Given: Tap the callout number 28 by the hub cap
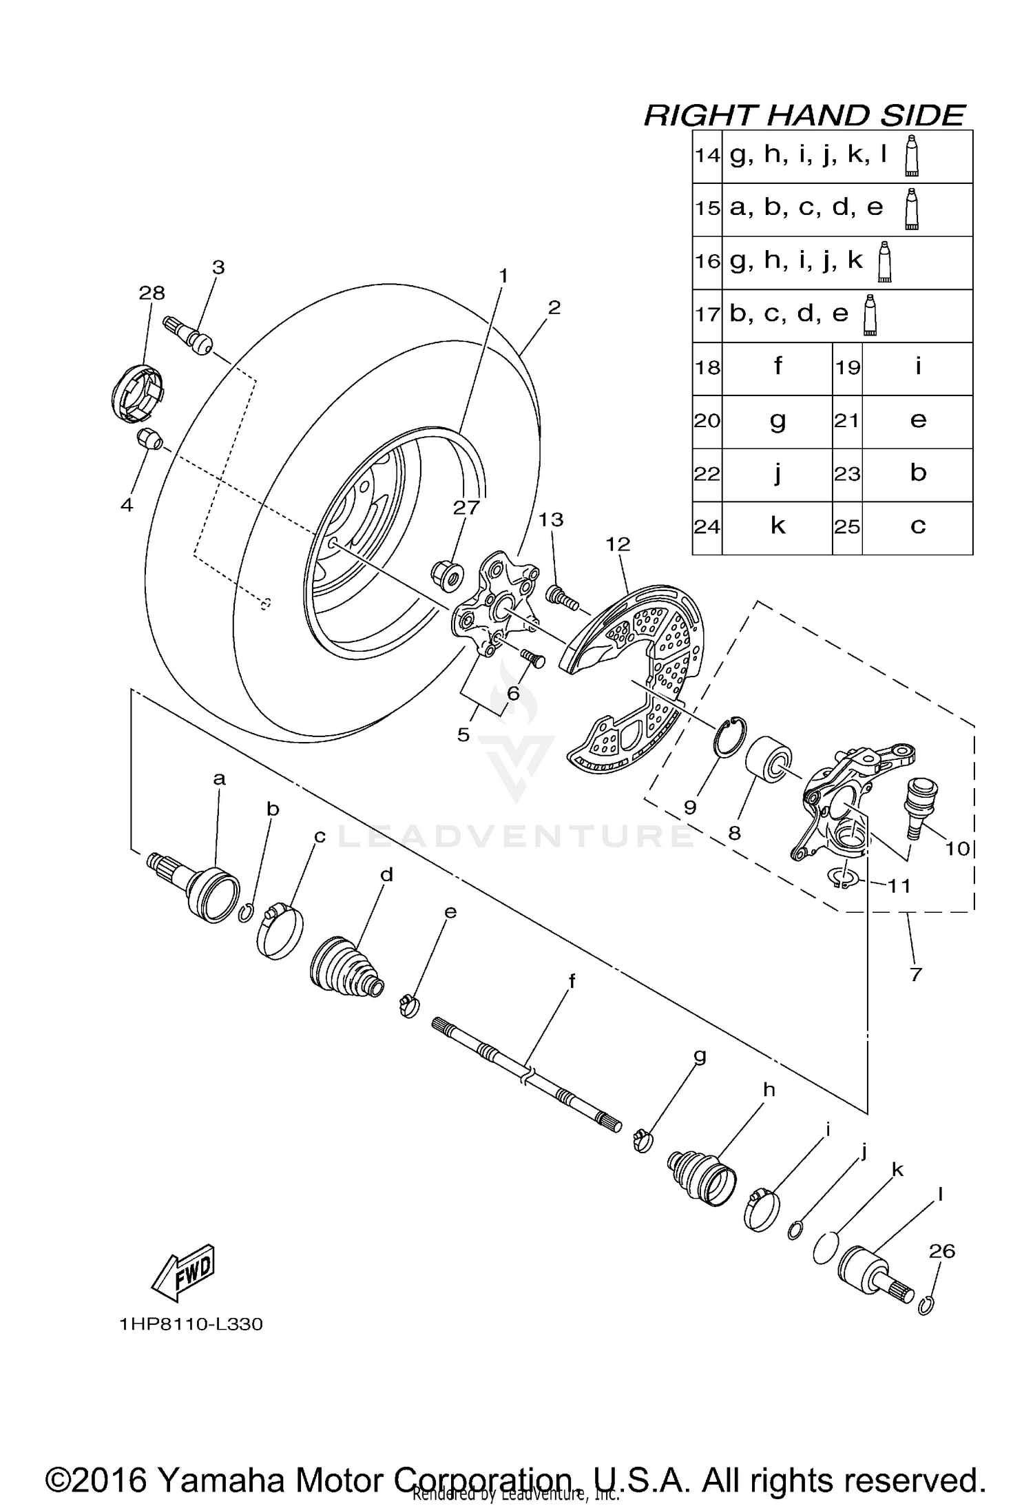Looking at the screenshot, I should point(152,293).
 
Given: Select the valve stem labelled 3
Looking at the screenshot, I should point(189,336).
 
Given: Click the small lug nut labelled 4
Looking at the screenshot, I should point(150,438).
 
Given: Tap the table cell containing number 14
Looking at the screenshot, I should point(707,156).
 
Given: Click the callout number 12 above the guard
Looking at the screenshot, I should point(618,544).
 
